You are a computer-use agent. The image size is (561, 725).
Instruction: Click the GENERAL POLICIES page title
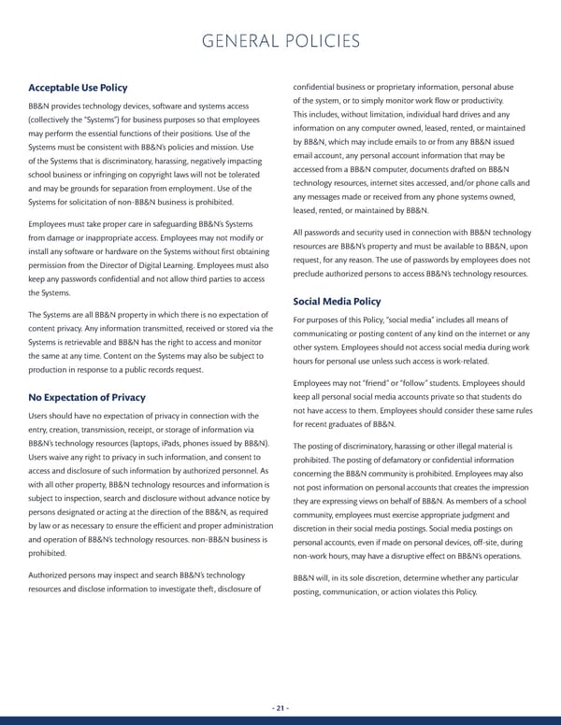click(x=280, y=41)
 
